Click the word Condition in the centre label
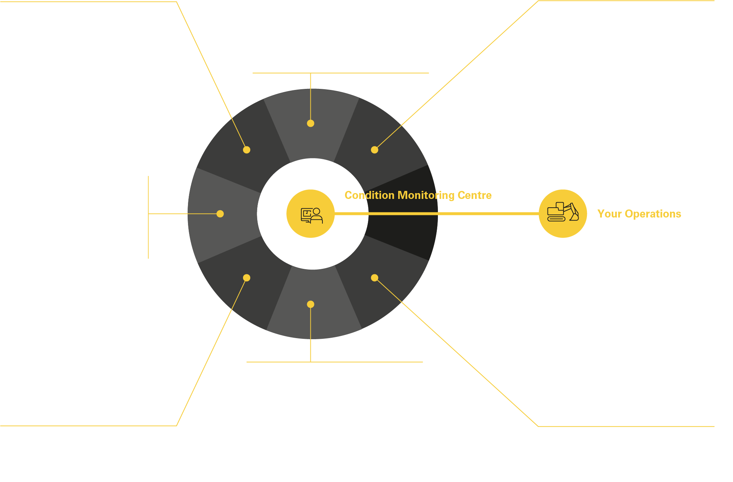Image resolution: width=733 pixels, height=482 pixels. pyautogui.click(x=369, y=195)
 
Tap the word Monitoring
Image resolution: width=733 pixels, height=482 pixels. pyautogui.click(x=426, y=196)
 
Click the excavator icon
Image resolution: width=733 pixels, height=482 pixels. pyautogui.click(x=563, y=212)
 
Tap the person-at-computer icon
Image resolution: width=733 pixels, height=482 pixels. pyautogui.click(x=311, y=215)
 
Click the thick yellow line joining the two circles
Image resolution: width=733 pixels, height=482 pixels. pyautogui.click(x=436, y=213)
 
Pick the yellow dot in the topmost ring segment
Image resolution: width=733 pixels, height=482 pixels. pyautogui.click(x=310, y=123)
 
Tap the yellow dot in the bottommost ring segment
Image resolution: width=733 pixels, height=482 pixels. pyautogui.click(x=310, y=304)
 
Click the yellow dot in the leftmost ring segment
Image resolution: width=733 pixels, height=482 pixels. pyautogui.click(x=220, y=214)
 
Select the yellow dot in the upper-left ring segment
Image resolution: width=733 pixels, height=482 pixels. pyautogui.click(x=247, y=150)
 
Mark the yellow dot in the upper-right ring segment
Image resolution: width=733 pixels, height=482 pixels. pyautogui.click(x=375, y=150)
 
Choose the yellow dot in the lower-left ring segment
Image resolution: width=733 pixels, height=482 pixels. pyautogui.click(x=247, y=278)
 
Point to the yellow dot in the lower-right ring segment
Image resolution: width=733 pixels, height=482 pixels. pyautogui.click(x=375, y=278)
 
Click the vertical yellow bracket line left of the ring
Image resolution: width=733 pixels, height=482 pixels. pyautogui.click(x=148, y=218)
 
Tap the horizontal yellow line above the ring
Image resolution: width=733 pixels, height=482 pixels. pyautogui.click(x=341, y=73)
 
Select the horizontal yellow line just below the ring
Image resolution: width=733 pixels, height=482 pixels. pyautogui.click(x=334, y=362)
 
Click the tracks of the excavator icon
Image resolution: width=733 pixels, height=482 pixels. pyautogui.click(x=556, y=219)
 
